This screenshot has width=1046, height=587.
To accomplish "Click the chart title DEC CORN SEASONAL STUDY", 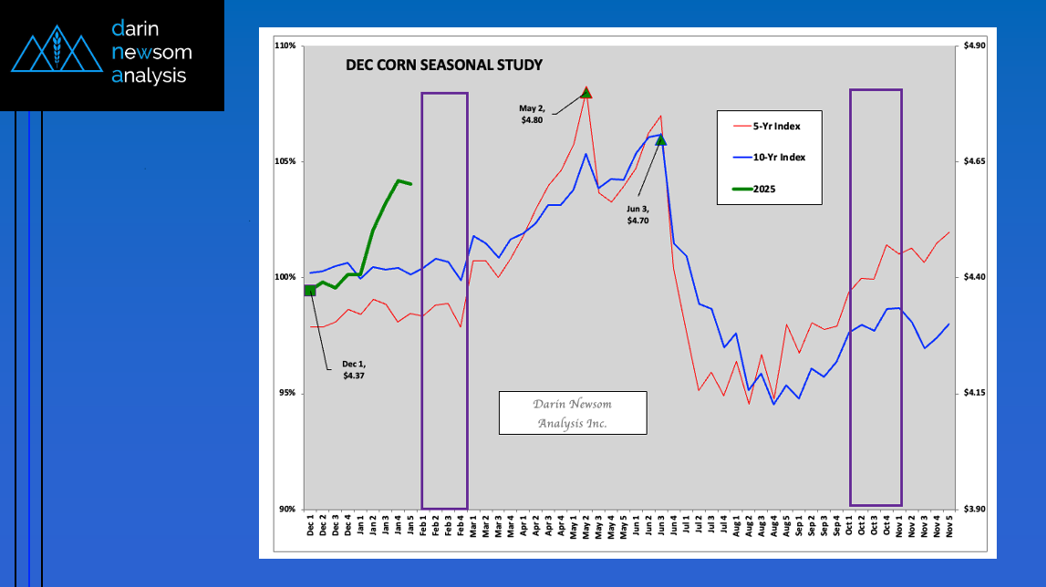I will [x=443, y=66].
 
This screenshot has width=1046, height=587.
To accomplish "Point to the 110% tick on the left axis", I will [x=286, y=46].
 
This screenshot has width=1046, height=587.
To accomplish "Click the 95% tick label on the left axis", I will [x=288, y=394].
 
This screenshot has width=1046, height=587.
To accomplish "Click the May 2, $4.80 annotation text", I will [x=533, y=113].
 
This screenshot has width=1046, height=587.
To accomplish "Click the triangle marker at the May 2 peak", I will [x=586, y=92].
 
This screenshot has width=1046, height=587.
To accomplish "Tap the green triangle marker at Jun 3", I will [x=661, y=140].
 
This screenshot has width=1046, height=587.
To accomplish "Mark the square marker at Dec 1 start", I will [x=310, y=290].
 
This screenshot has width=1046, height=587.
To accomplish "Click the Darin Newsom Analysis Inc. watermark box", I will [x=572, y=413].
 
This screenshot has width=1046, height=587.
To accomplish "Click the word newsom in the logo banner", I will [x=151, y=52].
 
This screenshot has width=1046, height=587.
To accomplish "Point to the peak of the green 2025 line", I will [x=399, y=180].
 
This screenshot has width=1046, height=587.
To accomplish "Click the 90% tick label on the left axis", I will [x=288, y=510].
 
